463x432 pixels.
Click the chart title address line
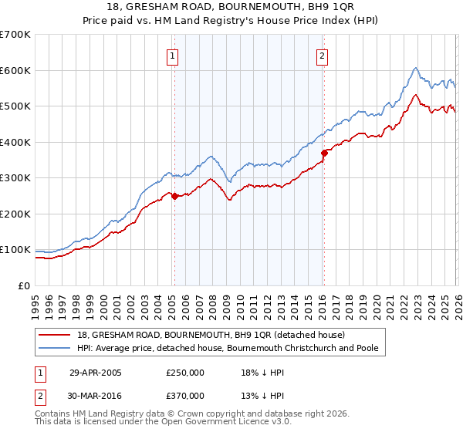point(231,7)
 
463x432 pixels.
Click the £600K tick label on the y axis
point(15,70)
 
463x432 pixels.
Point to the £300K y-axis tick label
point(15,178)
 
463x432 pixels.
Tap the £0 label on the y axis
point(25,285)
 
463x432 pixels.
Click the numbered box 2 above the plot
point(321,56)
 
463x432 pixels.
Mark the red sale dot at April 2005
point(175,196)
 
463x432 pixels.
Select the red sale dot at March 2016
point(324,153)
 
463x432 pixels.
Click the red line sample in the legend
point(56,335)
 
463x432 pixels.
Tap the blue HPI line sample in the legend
point(56,348)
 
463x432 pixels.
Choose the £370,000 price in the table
point(185,395)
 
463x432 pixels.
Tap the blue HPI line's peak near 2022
point(415,68)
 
